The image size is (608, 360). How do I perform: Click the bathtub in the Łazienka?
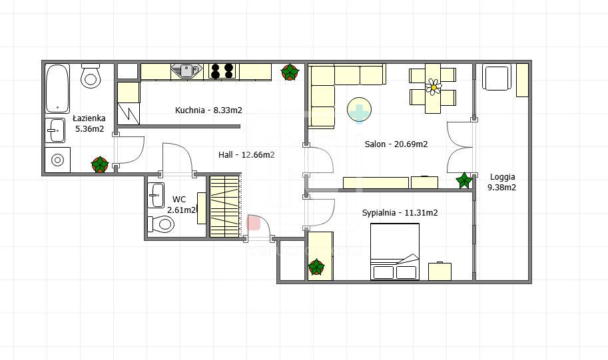tap(57, 89)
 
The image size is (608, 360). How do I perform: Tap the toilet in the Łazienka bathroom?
tap(91, 76)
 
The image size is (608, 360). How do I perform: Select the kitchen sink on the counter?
tap(187, 71)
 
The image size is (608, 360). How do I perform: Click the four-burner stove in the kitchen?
tap(222, 71)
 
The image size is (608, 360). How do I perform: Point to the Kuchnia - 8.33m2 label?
tap(208, 110)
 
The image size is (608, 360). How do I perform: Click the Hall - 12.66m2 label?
tap(246, 155)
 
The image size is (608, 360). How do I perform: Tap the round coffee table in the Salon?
tap(359, 110)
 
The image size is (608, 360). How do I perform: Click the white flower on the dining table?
tap(434, 87)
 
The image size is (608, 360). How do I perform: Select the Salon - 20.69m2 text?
tap(396, 144)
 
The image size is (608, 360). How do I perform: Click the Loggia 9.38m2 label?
tap(502, 182)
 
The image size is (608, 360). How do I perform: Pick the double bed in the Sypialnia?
tap(395, 252)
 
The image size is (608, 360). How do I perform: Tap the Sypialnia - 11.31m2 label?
tap(400, 213)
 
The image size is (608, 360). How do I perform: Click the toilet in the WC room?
tap(161, 224)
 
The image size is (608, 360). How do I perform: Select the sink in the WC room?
tap(156, 196)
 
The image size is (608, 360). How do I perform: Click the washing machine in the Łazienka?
tap(57, 160)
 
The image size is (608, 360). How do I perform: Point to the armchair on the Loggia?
tap(495, 77)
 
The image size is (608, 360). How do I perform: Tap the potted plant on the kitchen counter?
tap(290, 73)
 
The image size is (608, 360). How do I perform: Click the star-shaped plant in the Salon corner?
tap(463, 180)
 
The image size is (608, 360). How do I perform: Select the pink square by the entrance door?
tap(253, 223)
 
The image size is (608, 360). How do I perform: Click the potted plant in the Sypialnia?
tap(316, 267)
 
